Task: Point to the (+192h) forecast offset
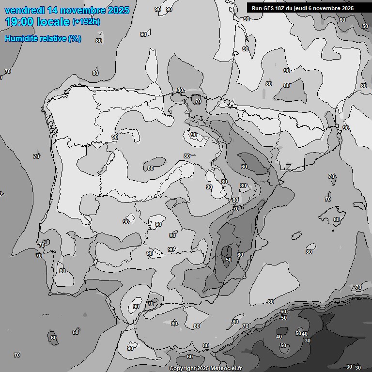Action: tap(86, 22)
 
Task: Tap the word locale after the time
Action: tap(54, 22)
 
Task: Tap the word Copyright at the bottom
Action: tap(182, 369)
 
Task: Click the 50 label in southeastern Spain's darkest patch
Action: tap(229, 260)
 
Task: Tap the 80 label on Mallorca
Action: tap(337, 219)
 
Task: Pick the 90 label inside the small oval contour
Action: tap(194, 135)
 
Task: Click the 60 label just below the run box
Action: tap(342, 20)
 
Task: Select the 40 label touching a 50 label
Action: tap(305, 333)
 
